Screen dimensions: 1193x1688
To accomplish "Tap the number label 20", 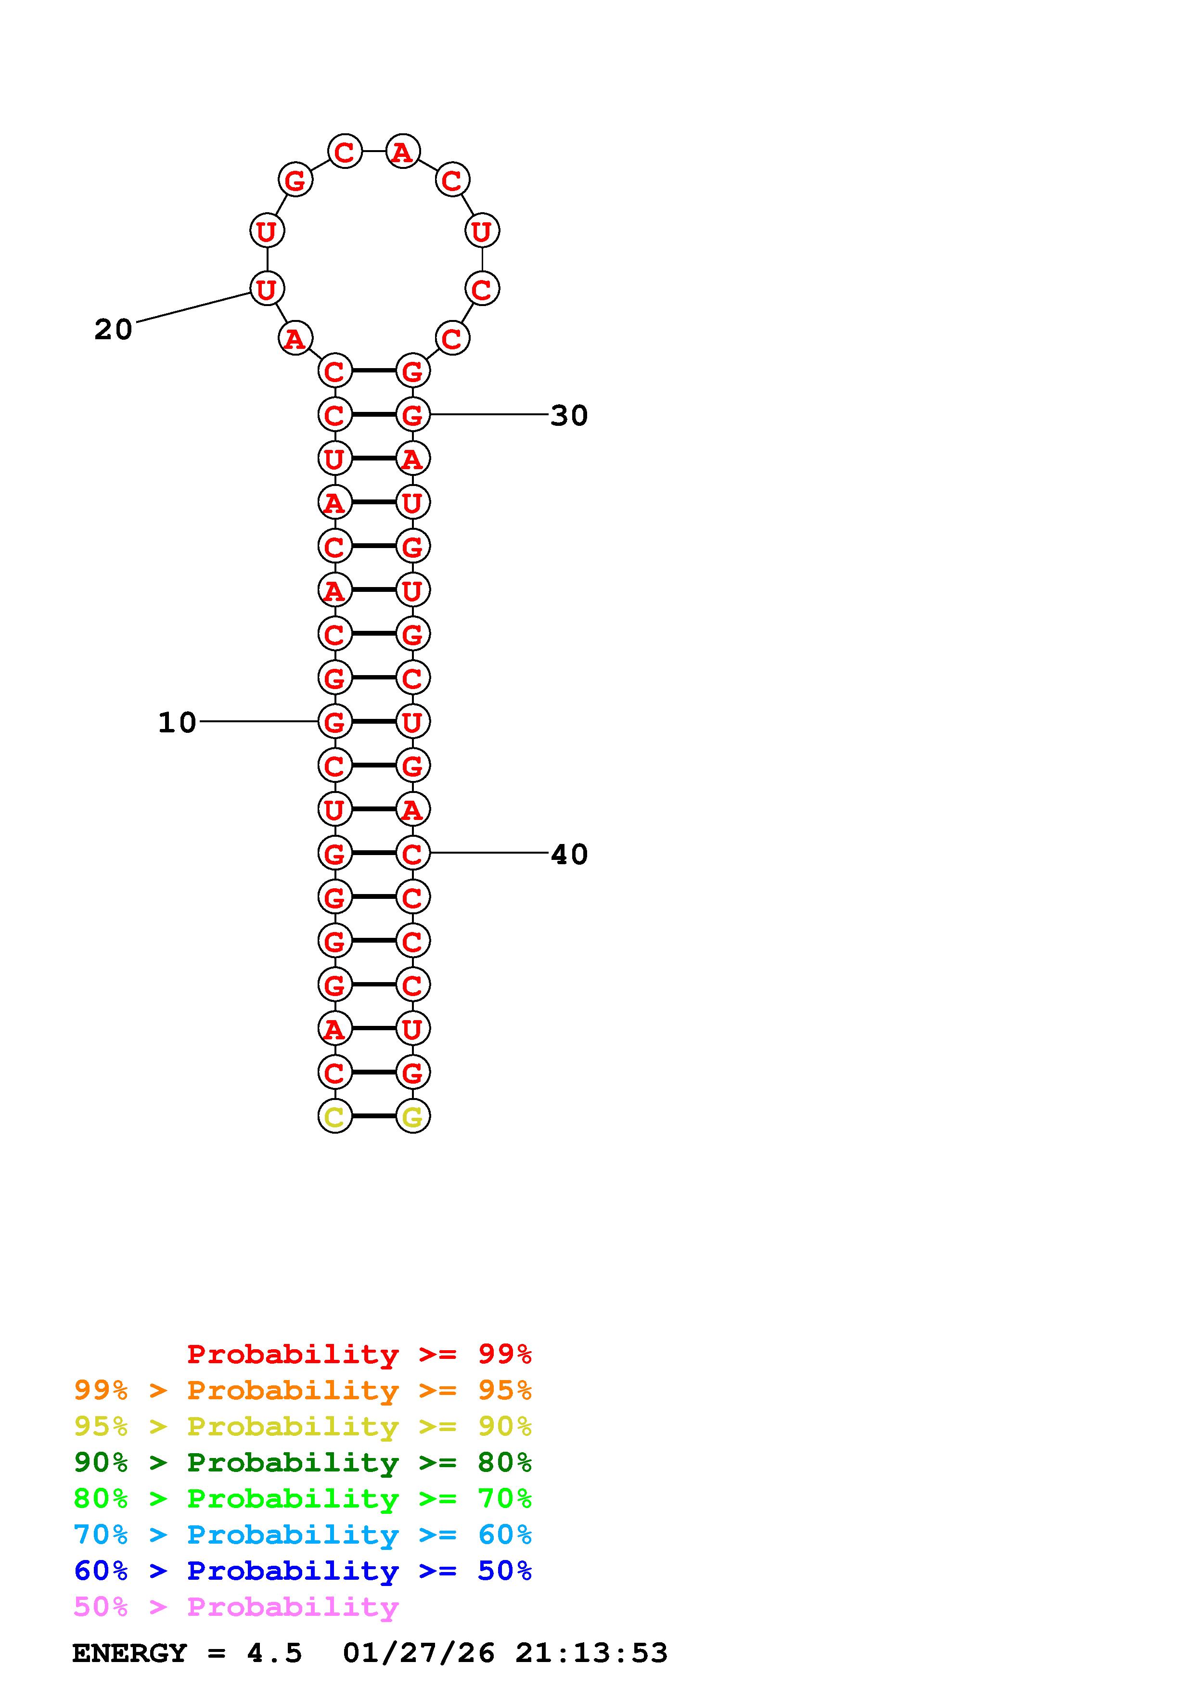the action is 113,329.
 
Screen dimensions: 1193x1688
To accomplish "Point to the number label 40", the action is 569,854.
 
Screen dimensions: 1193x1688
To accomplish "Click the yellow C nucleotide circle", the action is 334,1117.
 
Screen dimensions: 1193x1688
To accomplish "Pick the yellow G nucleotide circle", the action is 412,1117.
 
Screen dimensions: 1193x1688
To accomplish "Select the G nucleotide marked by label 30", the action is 412,415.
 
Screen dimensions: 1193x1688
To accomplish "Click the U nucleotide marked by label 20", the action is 266,288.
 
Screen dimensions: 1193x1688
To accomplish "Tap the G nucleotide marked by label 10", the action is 334,722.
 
